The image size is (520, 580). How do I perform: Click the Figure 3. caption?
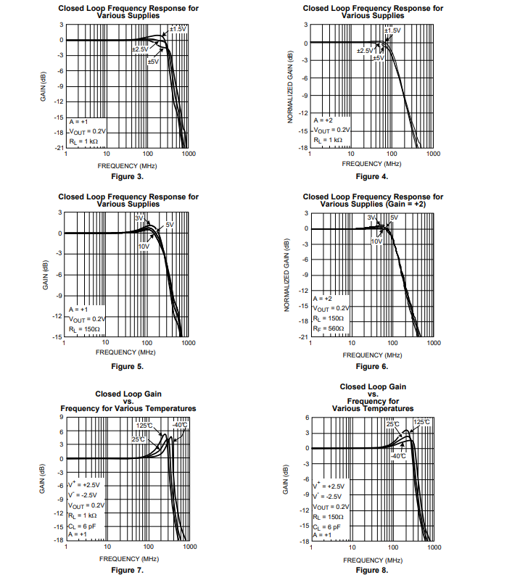(x=127, y=176)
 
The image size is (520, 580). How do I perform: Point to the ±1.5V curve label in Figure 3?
(x=178, y=28)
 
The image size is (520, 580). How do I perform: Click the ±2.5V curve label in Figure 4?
(x=365, y=51)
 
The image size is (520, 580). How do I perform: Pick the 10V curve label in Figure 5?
(x=144, y=246)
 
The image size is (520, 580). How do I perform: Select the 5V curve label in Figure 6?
(x=395, y=217)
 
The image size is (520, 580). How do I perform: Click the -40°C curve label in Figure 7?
(x=179, y=424)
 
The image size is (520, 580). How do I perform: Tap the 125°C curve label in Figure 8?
(x=421, y=422)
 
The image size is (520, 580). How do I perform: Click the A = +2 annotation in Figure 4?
(x=323, y=119)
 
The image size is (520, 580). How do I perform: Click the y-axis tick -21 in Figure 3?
(x=59, y=148)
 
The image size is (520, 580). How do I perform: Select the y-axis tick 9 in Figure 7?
(x=61, y=417)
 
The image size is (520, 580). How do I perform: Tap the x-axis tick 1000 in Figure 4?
(x=433, y=154)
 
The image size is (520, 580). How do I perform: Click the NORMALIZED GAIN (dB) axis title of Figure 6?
(x=287, y=275)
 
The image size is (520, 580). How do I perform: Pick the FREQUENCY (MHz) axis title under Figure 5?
(x=126, y=352)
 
